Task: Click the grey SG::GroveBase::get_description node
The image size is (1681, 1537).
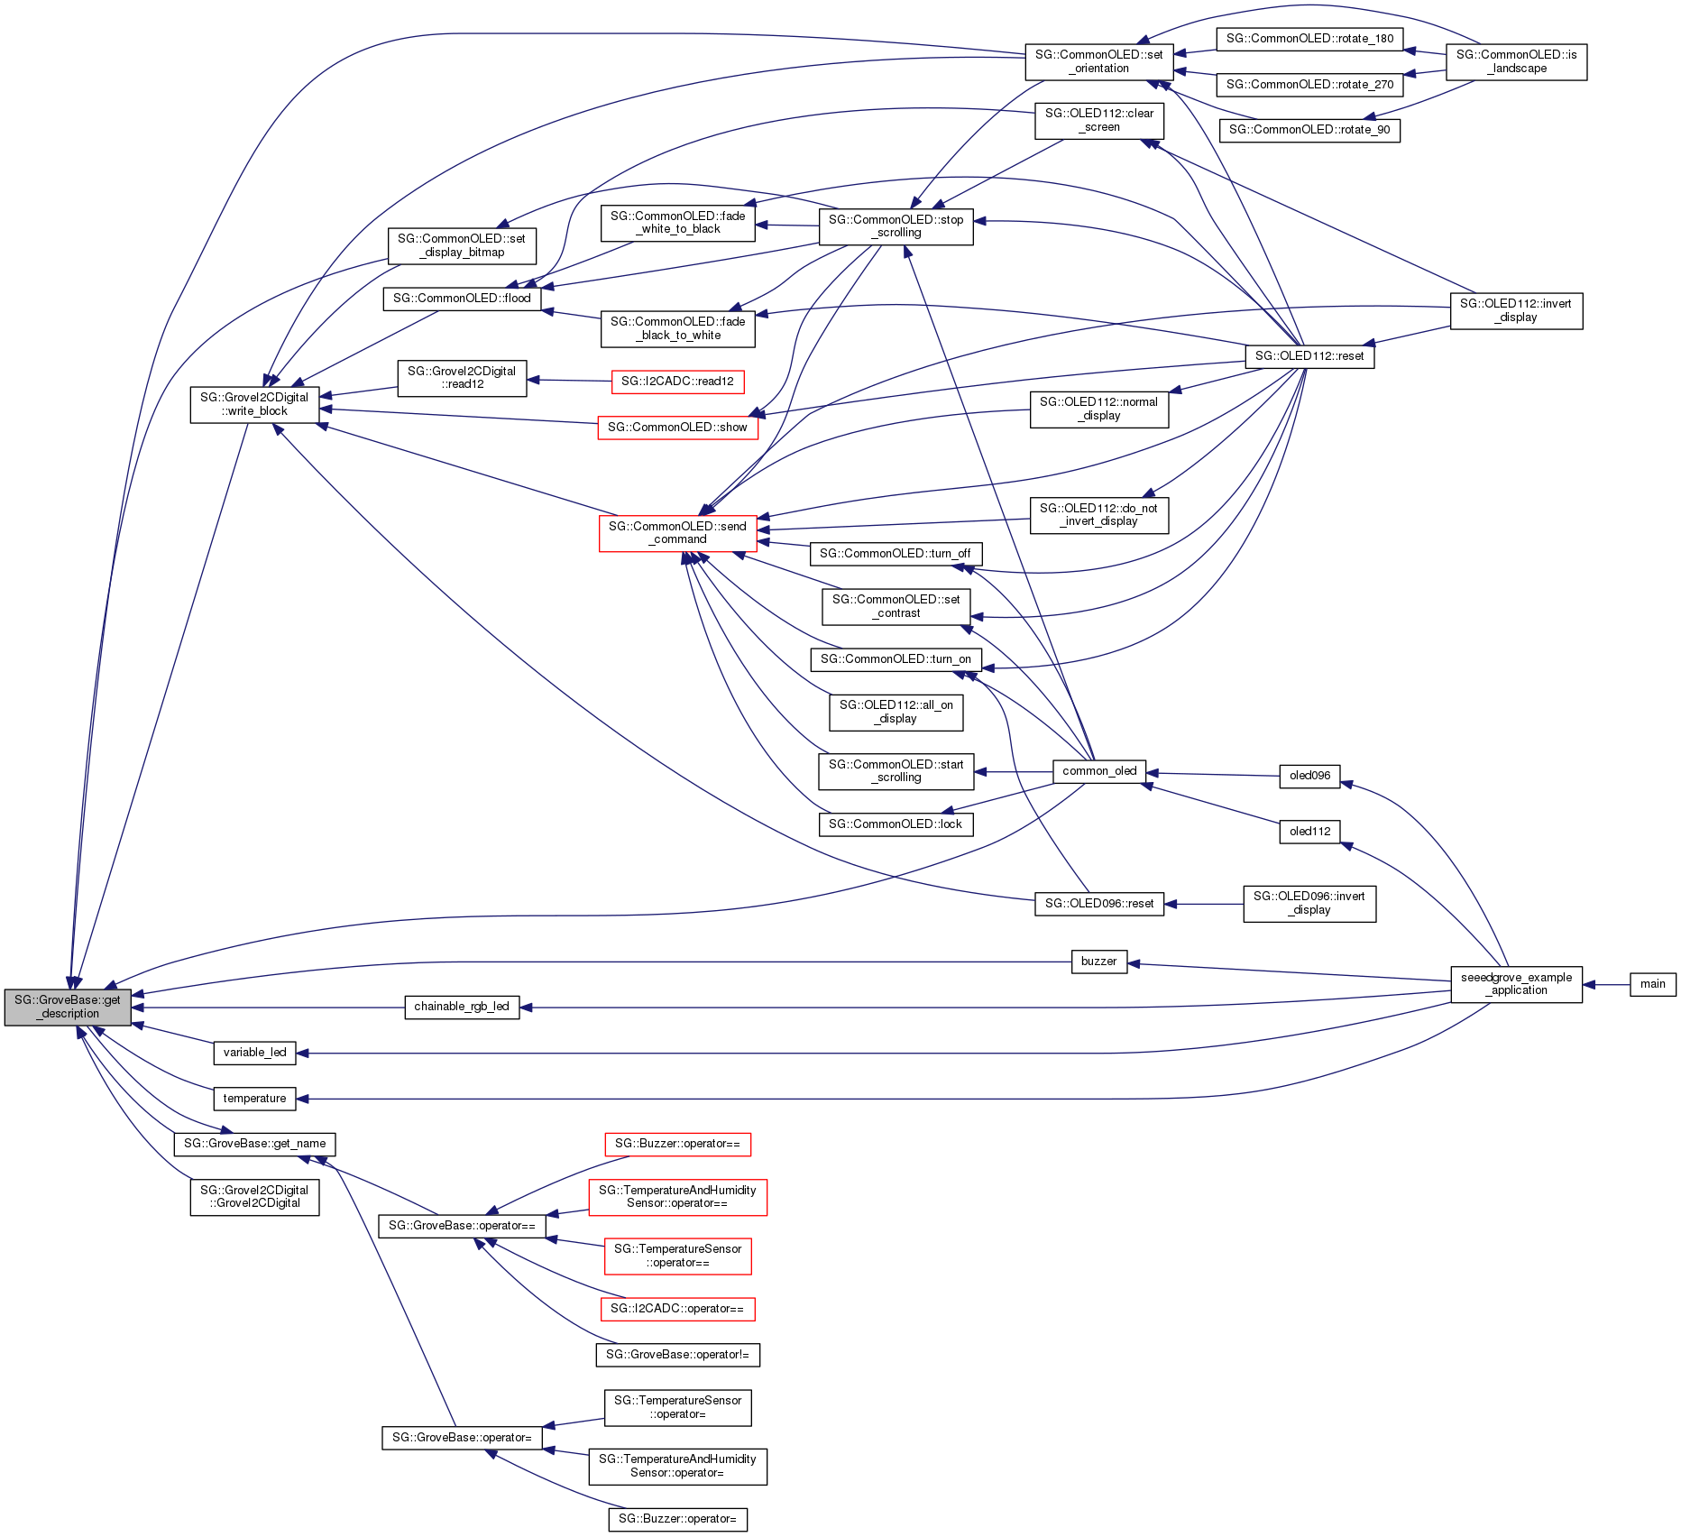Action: coord(68,1007)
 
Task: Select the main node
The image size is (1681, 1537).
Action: coord(1652,984)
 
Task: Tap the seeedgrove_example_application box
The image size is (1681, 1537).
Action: coord(1516,984)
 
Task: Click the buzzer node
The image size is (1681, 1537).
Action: coord(1098,962)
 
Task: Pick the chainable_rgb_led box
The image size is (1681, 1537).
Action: coord(462,1007)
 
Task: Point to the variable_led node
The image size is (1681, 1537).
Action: coord(254,1053)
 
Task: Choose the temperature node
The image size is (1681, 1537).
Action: coord(254,1099)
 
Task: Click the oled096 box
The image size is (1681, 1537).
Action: coord(1309,776)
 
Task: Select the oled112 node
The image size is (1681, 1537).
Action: coord(1309,832)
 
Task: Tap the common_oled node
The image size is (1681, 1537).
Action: coord(1099,771)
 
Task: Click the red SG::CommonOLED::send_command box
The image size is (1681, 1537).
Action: coord(677,533)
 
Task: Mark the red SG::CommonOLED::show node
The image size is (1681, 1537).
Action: coord(677,428)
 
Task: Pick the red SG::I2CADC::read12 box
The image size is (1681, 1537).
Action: coord(677,382)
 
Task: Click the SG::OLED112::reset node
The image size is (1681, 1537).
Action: coord(1309,356)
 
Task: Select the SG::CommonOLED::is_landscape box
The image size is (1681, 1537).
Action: coord(1516,61)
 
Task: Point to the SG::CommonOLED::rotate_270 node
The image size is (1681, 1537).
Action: coord(1309,85)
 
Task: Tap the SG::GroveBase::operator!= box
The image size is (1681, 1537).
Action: coord(677,1355)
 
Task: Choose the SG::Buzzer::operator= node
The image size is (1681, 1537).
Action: coord(677,1520)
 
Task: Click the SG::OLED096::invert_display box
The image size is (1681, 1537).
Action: coord(1309,903)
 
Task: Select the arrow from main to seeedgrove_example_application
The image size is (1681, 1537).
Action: coord(1606,984)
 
